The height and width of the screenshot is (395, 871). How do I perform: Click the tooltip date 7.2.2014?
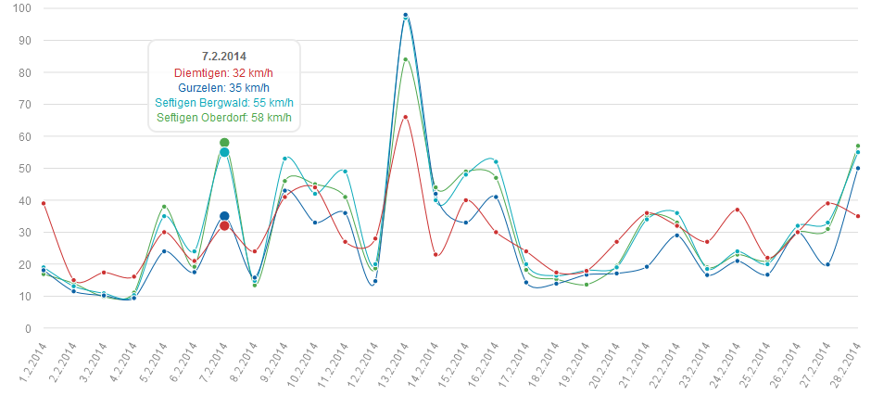(224, 57)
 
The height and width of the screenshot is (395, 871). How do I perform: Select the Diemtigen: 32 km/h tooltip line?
(224, 72)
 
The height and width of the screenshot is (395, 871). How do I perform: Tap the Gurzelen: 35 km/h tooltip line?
(224, 87)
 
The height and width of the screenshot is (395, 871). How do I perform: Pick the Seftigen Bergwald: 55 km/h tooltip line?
(224, 102)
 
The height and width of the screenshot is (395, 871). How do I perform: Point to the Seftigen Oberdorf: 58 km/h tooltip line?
(224, 117)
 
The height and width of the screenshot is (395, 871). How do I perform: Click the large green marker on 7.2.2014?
(224, 143)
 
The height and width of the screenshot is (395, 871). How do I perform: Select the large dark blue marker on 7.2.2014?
(224, 216)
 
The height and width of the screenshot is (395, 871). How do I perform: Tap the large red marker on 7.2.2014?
(224, 225)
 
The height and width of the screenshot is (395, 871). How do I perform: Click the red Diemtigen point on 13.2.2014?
(406, 117)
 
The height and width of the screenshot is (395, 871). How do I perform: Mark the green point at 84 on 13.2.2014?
(406, 59)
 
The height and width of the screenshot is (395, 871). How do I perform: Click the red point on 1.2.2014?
(44, 203)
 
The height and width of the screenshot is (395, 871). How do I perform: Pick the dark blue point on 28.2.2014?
(858, 168)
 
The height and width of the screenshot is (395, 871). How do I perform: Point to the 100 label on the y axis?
(22, 8)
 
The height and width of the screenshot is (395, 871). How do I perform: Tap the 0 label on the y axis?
(28, 328)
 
